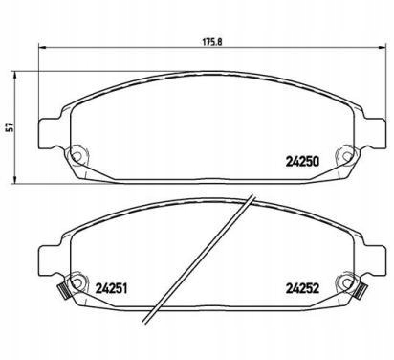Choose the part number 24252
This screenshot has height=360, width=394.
301,283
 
